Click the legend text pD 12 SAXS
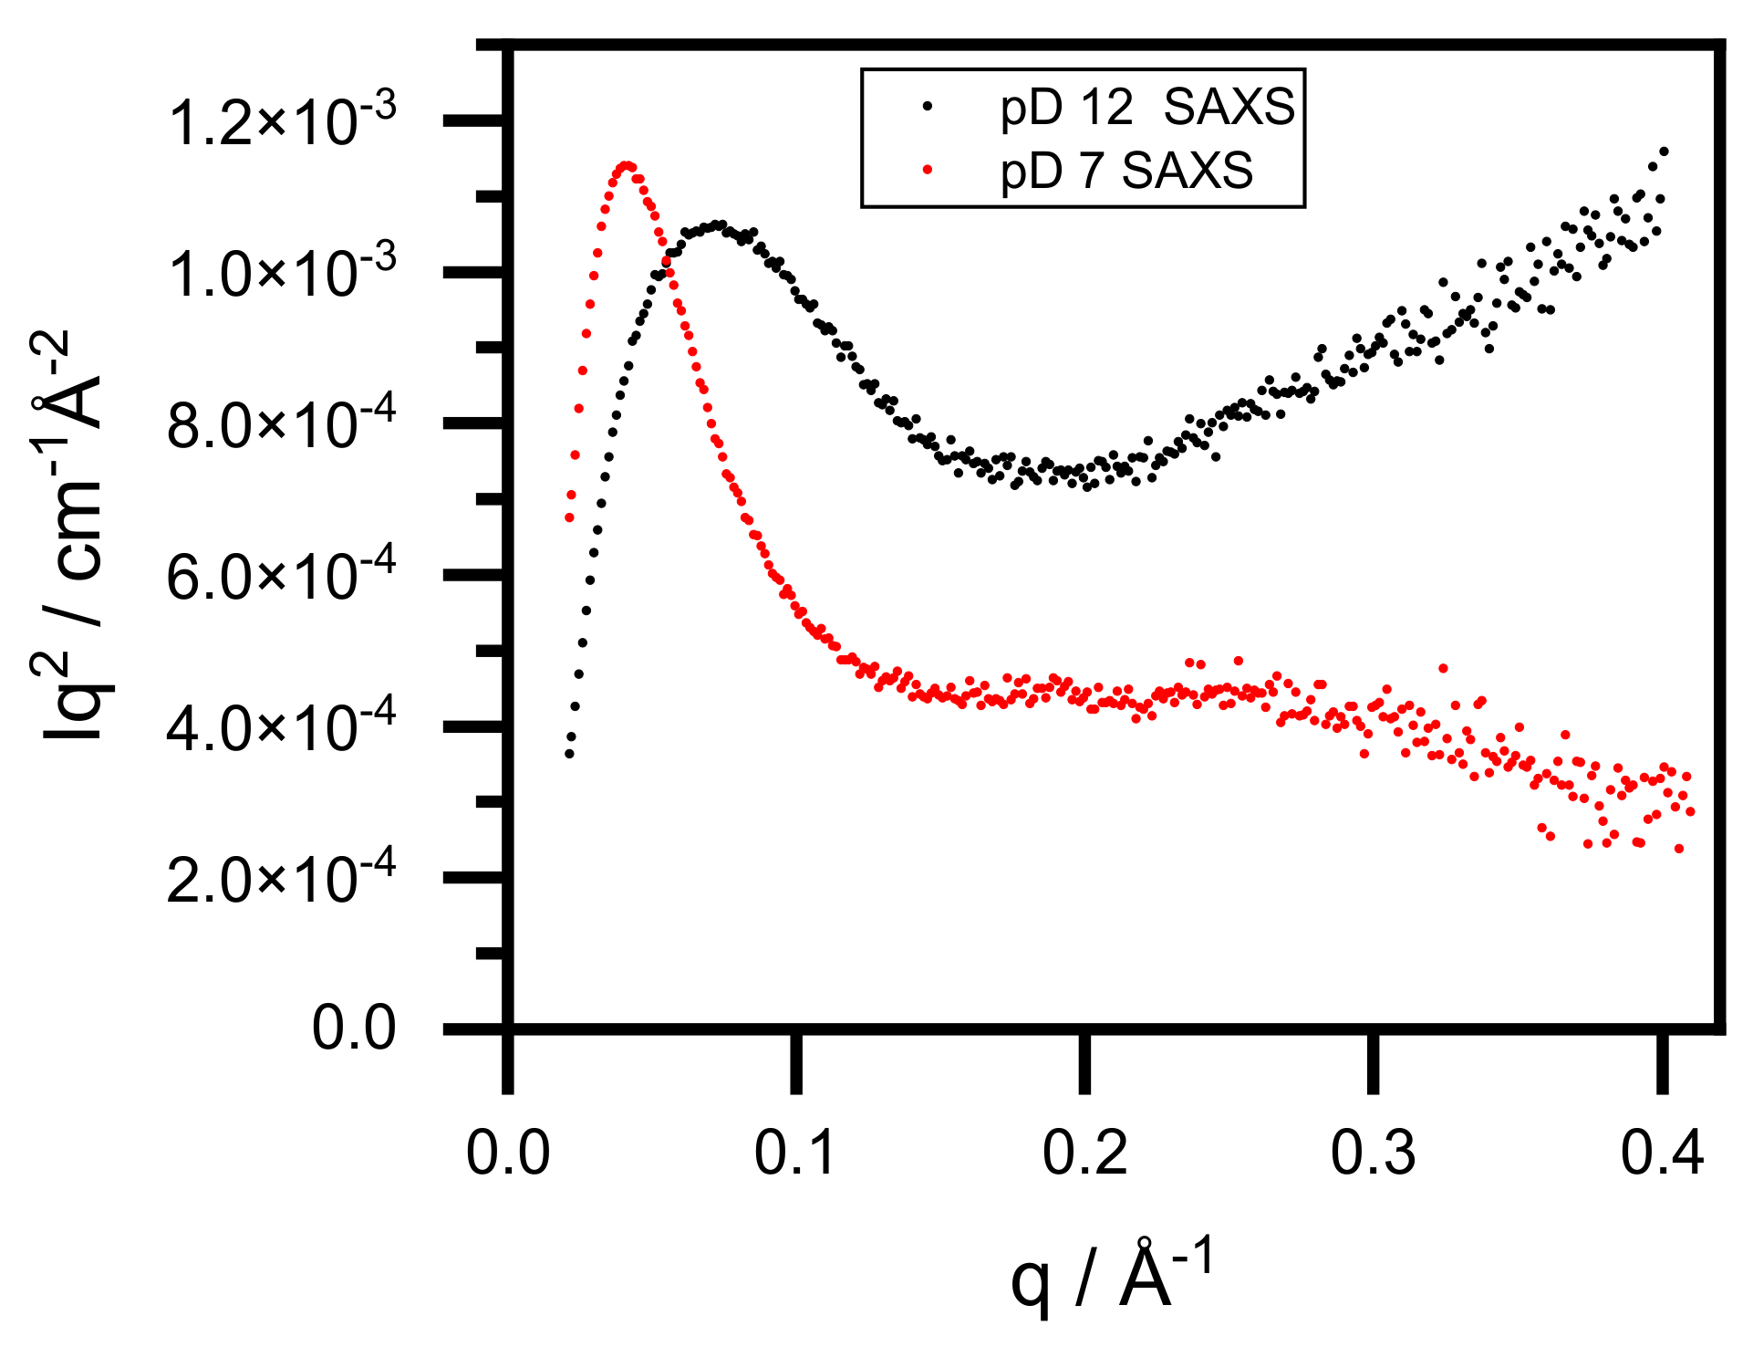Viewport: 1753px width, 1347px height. (x=1146, y=109)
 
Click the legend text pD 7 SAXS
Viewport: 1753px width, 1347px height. (x=1126, y=171)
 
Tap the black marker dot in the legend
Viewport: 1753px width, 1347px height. (x=928, y=106)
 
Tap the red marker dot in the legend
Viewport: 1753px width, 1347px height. (x=928, y=169)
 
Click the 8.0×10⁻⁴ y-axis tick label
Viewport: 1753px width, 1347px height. (x=282, y=425)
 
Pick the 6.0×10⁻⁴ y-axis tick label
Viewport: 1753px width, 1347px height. (x=282, y=577)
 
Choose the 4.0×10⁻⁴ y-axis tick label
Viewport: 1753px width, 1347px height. (x=282, y=728)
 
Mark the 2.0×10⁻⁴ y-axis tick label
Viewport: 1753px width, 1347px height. (x=282, y=880)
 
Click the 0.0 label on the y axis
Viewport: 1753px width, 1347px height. (x=354, y=1029)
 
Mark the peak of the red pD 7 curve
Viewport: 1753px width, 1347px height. (x=627, y=166)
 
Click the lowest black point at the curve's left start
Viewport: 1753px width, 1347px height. (x=569, y=754)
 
